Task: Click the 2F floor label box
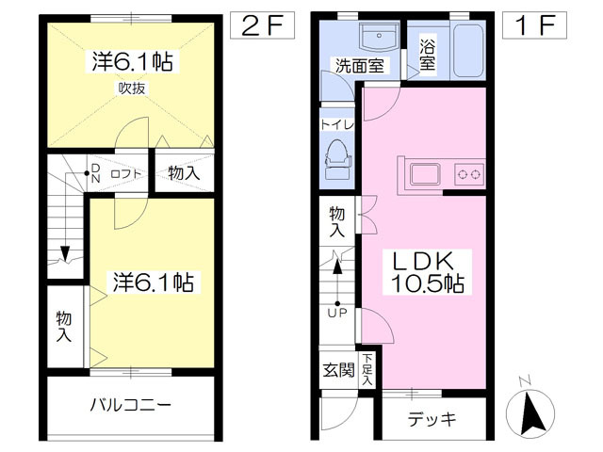point(262,25)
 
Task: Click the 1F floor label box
point(534,25)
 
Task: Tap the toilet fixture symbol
point(337,159)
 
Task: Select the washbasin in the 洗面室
point(379,37)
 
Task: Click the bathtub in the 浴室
point(468,51)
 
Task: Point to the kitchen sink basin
point(425,174)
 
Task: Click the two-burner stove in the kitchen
point(469,174)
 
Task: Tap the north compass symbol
point(530,411)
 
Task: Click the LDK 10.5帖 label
point(427,272)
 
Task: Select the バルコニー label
point(130,405)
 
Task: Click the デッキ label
point(432,419)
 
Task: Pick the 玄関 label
point(338,370)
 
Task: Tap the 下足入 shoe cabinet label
point(367,369)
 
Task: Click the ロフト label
point(125,174)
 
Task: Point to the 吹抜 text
point(132,89)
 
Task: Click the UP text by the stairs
point(337,313)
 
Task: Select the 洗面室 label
point(360,66)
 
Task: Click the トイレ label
point(337,125)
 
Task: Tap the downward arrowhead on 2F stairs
point(65,253)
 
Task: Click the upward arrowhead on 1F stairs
point(337,266)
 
